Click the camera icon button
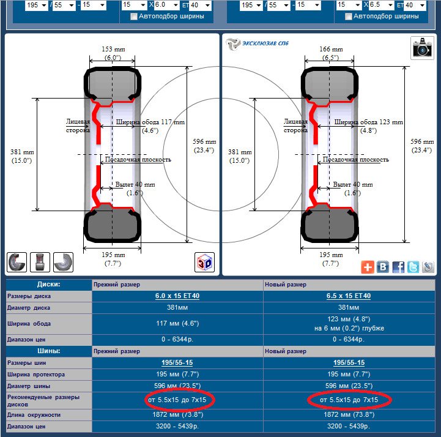click(422, 48)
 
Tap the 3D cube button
click(204, 262)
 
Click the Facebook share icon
click(398, 267)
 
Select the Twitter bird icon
click(413, 267)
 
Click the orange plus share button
click(368, 267)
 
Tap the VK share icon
click(383, 267)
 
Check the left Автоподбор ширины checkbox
click(134, 17)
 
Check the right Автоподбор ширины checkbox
click(349, 17)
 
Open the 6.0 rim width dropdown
click(166, 5)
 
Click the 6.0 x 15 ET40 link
click(177, 296)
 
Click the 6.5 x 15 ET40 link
click(349, 296)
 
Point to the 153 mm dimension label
click(113, 49)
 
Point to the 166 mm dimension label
click(331, 49)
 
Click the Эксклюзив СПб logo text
click(265, 43)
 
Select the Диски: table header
click(49, 284)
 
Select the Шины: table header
click(49, 351)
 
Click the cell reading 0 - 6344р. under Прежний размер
click(177, 339)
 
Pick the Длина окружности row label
click(34, 415)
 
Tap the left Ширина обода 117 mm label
click(150, 122)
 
